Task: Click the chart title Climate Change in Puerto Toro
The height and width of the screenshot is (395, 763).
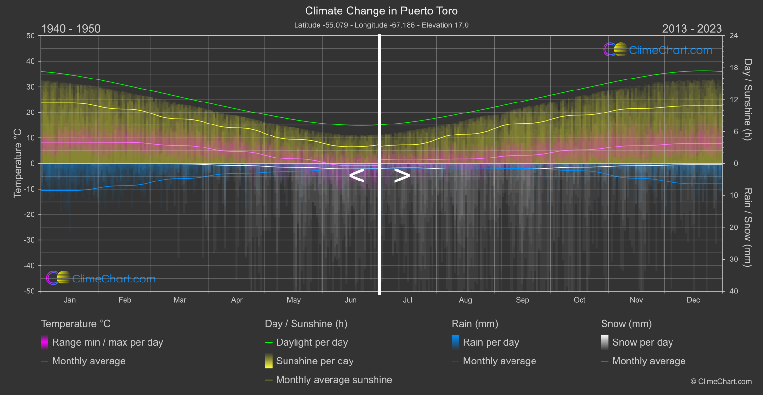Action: pos(381,11)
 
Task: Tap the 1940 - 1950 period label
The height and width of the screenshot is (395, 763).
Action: pos(71,29)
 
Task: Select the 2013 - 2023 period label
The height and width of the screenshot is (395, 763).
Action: pos(692,29)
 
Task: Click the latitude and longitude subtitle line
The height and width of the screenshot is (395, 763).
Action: pos(381,25)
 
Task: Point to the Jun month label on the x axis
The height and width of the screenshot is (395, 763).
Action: pos(351,300)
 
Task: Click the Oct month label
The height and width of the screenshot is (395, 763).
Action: pos(579,300)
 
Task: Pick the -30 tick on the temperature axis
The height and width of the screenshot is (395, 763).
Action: pos(30,240)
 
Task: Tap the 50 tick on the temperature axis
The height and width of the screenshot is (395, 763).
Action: pos(31,36)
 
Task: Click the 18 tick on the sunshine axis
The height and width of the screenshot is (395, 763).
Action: pos(733,68)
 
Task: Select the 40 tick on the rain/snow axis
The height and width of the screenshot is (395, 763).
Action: pos(733,291)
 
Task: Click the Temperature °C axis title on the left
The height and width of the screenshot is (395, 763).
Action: pos(18,163)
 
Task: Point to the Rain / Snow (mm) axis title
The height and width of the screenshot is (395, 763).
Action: pos(747,227)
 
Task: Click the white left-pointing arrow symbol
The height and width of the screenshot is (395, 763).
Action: pos(357,176)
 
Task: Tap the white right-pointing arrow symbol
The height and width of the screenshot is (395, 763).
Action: pos(402,176)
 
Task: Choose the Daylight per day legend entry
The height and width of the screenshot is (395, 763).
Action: pos(312,342)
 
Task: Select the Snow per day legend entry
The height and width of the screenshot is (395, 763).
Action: pos(642,342)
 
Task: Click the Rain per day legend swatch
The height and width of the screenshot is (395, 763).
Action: pos(456,342)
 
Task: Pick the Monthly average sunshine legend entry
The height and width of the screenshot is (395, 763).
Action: pos(334,380)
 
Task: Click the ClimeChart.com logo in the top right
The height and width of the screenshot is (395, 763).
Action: pos(658,50)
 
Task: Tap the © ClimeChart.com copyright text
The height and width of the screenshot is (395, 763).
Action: pos(721,382)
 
